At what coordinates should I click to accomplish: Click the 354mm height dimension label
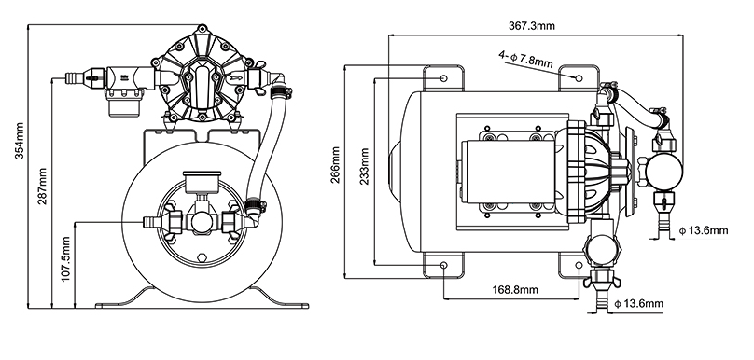click(21, 142)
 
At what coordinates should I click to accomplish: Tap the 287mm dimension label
click(43, 186)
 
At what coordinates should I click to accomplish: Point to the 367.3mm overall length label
click(531, 26)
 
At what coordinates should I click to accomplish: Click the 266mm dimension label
click(336, 165)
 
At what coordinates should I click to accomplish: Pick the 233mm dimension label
click(365, 166)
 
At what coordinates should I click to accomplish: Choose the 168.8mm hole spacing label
click(515, 290)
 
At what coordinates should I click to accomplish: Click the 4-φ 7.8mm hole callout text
click(525, 60)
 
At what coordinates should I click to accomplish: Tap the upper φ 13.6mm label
click(704, 230)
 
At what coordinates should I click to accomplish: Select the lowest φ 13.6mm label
click(639, 304)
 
